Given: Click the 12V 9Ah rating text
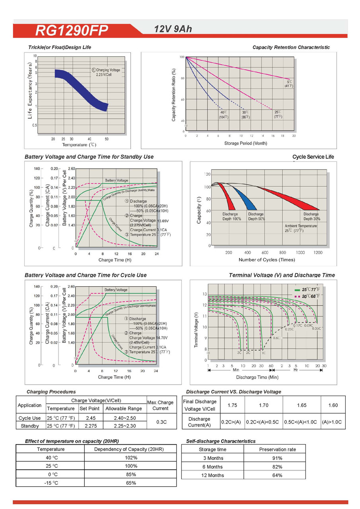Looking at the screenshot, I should click(x=174, y=29).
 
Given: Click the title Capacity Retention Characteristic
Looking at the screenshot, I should click(x=291, y=47).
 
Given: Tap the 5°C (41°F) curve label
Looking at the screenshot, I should click(x=288, y=84).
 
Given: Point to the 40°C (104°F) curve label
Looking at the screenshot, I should click(x=224, y=115).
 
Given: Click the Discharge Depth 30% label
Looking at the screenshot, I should click(x=311, y=216).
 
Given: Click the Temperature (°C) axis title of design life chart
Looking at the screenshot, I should click(x=79, y=145).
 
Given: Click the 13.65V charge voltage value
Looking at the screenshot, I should click(x=163, y=221).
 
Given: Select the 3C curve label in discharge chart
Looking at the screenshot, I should click(x=239, y=352).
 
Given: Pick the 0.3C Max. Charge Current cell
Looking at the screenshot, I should click(x=161, y=422).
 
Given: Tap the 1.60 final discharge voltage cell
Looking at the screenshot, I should click(x=333, y=405).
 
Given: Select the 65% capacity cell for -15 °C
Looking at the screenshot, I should click(x=130, y=483).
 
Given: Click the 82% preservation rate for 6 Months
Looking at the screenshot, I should click(x=278, y=466).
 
